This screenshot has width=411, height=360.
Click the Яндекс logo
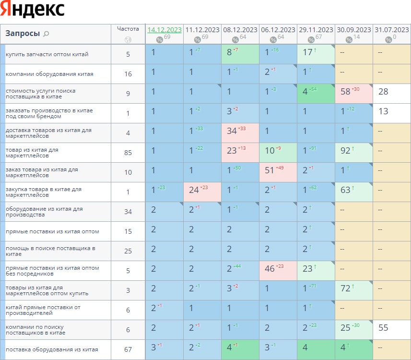click(33, 10)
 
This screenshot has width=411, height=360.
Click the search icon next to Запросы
click(46, 34)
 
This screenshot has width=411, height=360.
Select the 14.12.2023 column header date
click(164, 30)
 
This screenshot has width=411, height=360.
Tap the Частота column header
click(128, 29)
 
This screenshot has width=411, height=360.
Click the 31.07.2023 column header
click(392, 30)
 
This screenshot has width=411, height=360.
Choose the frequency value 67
click(128, 349)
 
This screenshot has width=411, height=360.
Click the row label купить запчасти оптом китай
click(47, 54)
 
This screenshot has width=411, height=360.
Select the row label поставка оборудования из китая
click(52, 349)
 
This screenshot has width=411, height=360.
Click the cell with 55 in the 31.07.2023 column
click(391, 329)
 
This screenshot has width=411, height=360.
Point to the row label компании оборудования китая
click(49, 74)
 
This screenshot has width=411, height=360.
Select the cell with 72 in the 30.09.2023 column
click(353, 290)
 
